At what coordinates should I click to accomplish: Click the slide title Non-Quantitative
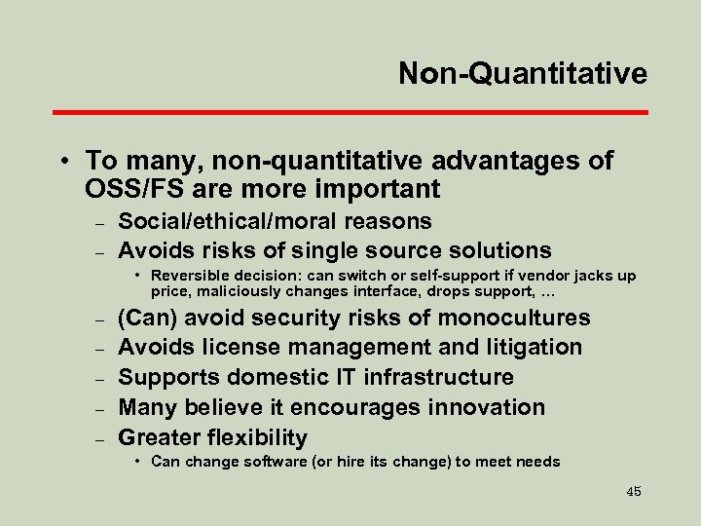click(x=522, y=74)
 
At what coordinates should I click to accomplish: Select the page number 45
click(x=634, y=492)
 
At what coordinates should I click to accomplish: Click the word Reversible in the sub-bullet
click(x=189, y=276)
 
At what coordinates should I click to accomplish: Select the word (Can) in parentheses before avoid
click(x=147, y=318)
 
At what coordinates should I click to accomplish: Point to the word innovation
click(x=490, y=407)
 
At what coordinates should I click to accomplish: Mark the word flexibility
click(x=256, y=437)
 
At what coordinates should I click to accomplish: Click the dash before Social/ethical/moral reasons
click(x=99, y=223)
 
